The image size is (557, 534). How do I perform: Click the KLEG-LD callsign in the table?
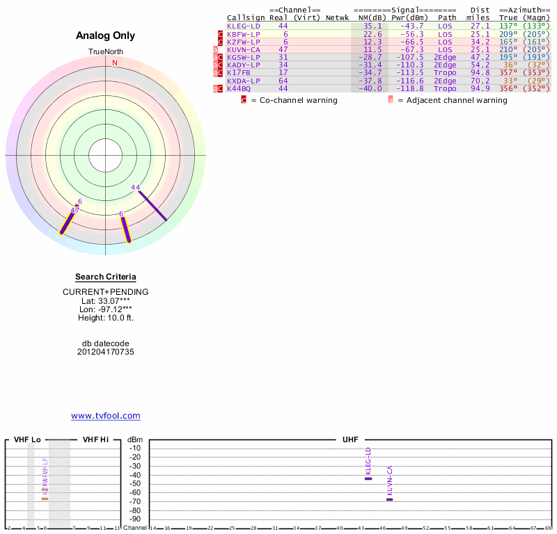[x=243, y=26]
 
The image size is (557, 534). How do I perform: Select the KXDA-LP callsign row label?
[x=243, y=81]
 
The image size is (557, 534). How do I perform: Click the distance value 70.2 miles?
[x=480, y=81]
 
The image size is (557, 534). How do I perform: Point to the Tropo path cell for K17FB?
[x=445, y=73]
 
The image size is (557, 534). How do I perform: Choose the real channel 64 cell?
[x=283, y=81]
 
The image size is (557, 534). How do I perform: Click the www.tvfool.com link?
[x=106, y=416]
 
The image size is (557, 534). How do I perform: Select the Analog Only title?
[x=106, y=35]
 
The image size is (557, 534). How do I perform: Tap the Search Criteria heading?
[x=106, y=277]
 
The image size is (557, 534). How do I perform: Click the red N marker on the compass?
[x=115, y=63]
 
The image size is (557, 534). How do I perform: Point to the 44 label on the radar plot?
[x=135, y=187]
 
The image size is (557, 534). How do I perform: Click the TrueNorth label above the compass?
[x=106, y=52]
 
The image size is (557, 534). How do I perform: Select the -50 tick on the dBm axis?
[x=135, y=484]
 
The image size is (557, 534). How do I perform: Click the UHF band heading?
[x=350, y=439]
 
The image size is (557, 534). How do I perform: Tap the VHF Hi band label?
[x=95, y=439]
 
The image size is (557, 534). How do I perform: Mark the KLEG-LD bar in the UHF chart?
[x=368, y=478]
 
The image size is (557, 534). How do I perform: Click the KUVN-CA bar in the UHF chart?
[x=390, y=499]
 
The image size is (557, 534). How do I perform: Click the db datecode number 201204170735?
[x=106, y=352]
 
